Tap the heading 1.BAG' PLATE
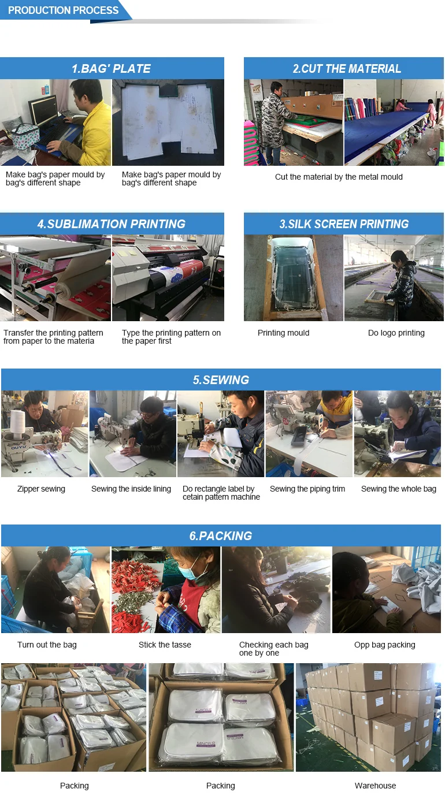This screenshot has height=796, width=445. [111, 68]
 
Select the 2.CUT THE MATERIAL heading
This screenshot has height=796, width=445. [347, 68]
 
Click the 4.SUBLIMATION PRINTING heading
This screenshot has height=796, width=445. [111, 224]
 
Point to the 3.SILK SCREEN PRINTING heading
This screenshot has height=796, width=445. [344, 224]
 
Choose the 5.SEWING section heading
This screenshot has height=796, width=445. [221, 380]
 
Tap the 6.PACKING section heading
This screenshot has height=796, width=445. [221, 535]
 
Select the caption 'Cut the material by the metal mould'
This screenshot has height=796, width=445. [339, 177]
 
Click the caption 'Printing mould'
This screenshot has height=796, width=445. [283, 333]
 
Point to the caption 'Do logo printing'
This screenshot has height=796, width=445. [396, 333]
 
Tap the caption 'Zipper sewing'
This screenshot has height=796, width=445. [41, 489]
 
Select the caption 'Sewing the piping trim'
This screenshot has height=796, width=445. [307, 489]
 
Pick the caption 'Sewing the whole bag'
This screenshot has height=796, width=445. [398, 489]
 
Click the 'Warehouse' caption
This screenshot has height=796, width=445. [375, 786]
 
